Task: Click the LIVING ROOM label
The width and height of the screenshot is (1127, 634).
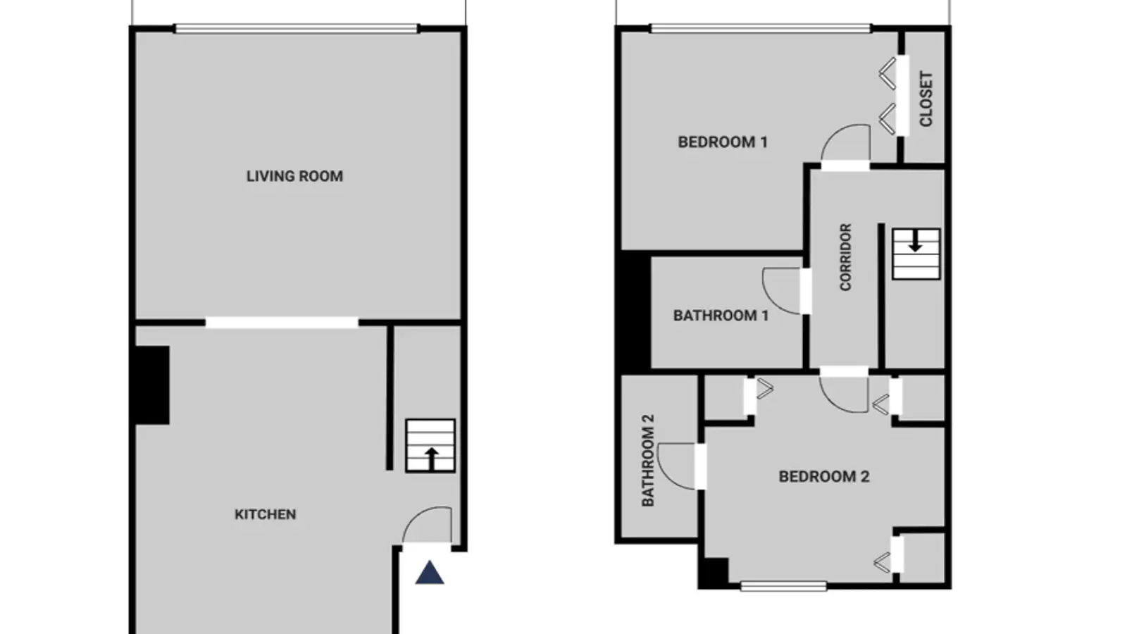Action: point(294,176)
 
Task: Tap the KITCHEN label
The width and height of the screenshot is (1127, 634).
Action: point(265,514)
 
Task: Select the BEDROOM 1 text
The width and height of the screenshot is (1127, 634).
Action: point(723,142)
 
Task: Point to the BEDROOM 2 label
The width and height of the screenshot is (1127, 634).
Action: point(823,476)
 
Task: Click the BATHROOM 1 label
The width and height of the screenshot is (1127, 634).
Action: point(721,316)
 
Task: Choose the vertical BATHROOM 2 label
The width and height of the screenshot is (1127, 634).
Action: point(648,460)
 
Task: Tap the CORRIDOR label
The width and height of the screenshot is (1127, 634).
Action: point(845,257)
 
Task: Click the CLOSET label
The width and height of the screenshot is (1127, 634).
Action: point(926,99)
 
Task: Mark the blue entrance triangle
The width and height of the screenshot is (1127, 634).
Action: point(429,573)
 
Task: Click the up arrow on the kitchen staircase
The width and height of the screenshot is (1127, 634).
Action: point(431,459)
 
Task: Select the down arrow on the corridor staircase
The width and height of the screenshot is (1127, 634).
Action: point(915,241)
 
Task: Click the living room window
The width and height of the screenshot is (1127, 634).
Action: point(297,29)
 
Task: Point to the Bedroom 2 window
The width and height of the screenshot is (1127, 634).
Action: point(783,585)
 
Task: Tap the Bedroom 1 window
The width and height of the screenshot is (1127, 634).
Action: point(761,28)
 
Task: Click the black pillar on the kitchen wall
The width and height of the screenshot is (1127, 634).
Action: point(152,385)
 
